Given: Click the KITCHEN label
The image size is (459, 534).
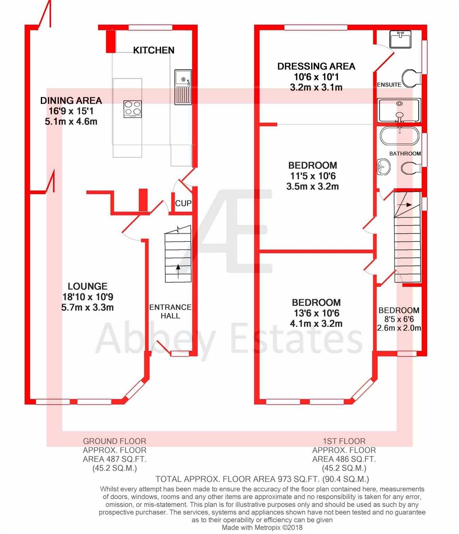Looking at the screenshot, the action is click(154, 50).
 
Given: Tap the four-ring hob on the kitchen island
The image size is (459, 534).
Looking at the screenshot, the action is click(133, 109).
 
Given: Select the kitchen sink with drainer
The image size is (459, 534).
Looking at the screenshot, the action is click(183, 87).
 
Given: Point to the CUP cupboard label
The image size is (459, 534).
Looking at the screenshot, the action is click(183, 203).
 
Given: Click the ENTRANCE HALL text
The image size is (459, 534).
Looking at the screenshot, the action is click(170, 311).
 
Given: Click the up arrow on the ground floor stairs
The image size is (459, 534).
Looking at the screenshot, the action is click(178, 271).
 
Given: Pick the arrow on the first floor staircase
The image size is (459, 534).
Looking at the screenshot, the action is click(405, 205).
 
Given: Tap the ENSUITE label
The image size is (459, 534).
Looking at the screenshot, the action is click(389, 85).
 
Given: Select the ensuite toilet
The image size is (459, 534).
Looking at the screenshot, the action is click(411, 78).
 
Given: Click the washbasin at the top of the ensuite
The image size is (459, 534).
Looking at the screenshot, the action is click(401, 39).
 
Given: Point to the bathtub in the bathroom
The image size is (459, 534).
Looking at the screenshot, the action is click(400, 135).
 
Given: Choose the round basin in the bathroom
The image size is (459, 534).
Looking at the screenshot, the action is click(384, 167).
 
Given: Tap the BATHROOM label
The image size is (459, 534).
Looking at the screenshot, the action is click(405, 154).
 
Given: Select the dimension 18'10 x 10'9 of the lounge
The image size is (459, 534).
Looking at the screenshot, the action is click(88, 297).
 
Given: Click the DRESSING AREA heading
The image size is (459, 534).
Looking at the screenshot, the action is click(316, 66).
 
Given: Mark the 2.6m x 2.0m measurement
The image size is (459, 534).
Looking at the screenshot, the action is click(399, 328).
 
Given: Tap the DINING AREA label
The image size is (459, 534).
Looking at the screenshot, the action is click(71, 100).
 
